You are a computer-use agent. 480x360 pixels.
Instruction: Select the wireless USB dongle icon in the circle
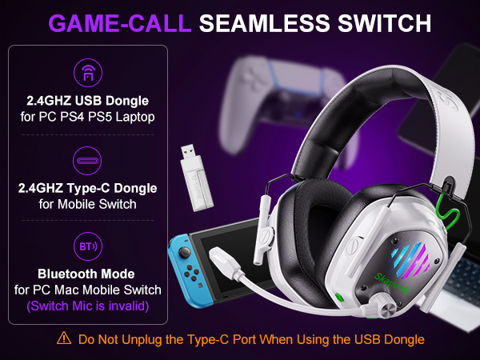click(x=86, y=74)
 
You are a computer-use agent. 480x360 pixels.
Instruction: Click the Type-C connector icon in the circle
click(x=86, y=158)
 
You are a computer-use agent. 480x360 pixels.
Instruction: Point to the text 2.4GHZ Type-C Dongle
click(x=86, y=188)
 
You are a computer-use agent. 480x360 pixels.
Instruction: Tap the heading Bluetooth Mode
click(x=86, y=273)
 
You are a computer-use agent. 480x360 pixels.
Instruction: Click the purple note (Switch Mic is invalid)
click(x=86, y=304)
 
